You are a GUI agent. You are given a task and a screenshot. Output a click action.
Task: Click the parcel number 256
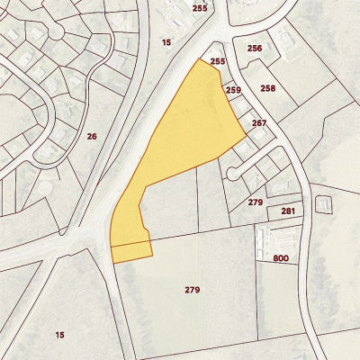tap(255, 49)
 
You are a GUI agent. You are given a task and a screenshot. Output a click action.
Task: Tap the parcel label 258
tap(267, 88)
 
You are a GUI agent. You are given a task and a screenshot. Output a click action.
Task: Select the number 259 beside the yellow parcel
tap(234, 91)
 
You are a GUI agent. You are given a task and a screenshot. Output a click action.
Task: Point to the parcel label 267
tap(260, 123)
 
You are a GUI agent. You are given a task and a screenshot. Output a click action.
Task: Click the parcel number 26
tap(92, 136)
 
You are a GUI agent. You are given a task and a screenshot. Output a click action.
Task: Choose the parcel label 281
tap(288, 211)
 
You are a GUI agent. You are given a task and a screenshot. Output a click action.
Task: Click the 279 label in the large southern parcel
tap(192, 290)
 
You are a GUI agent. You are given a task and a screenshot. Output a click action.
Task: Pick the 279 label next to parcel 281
tap(256, 202)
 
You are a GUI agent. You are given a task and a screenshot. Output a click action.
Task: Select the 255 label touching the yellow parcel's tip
tap(216, 61)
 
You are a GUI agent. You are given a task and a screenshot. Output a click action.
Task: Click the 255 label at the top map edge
tap(199, 8)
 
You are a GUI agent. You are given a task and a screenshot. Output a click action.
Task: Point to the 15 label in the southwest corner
tap(59, 335)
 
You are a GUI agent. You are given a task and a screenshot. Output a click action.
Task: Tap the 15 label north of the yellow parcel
tap(166, 42)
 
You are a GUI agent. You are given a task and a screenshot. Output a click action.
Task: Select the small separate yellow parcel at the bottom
tap(130, 252)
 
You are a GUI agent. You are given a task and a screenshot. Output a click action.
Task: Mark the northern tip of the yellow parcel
tap(199, 60)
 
